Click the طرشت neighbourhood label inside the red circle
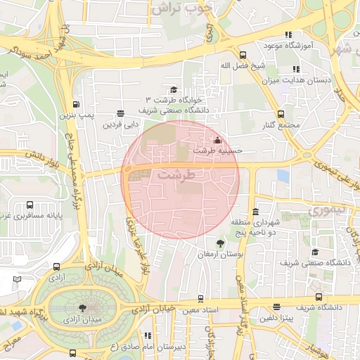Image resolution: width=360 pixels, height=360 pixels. click(176, 174)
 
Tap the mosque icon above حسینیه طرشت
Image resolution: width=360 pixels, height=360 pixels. click(217, 139)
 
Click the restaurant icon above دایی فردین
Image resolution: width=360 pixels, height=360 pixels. click(121, 113)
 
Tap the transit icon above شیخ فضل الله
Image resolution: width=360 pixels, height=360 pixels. click(243, 54)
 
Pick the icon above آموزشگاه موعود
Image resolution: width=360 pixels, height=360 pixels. click(288, 34)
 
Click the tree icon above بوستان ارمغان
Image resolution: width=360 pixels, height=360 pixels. click(221, 243)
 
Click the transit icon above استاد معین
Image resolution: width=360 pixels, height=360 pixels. click(201, 298)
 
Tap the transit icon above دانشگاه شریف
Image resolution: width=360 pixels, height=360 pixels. click(319, 297)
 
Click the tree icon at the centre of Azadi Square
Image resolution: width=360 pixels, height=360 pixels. click(83, 308)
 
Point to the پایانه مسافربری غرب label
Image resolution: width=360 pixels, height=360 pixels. click(41, 217)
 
